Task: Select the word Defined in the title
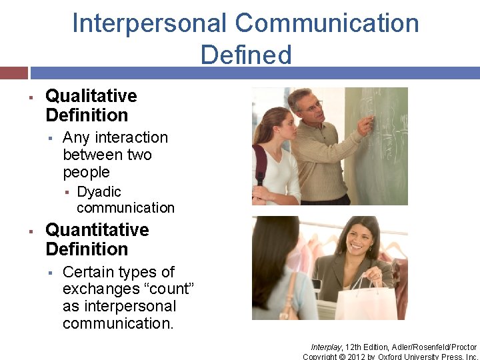point(246,55)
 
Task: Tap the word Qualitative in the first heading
point(91,96)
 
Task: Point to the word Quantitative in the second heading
point(97,230)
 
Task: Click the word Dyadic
point(99,192)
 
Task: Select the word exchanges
point(94,289)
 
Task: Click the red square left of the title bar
point(13,73)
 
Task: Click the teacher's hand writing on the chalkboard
point(366,125)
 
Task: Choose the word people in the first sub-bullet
point(86,173)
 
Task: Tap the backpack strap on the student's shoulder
point(260,160)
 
